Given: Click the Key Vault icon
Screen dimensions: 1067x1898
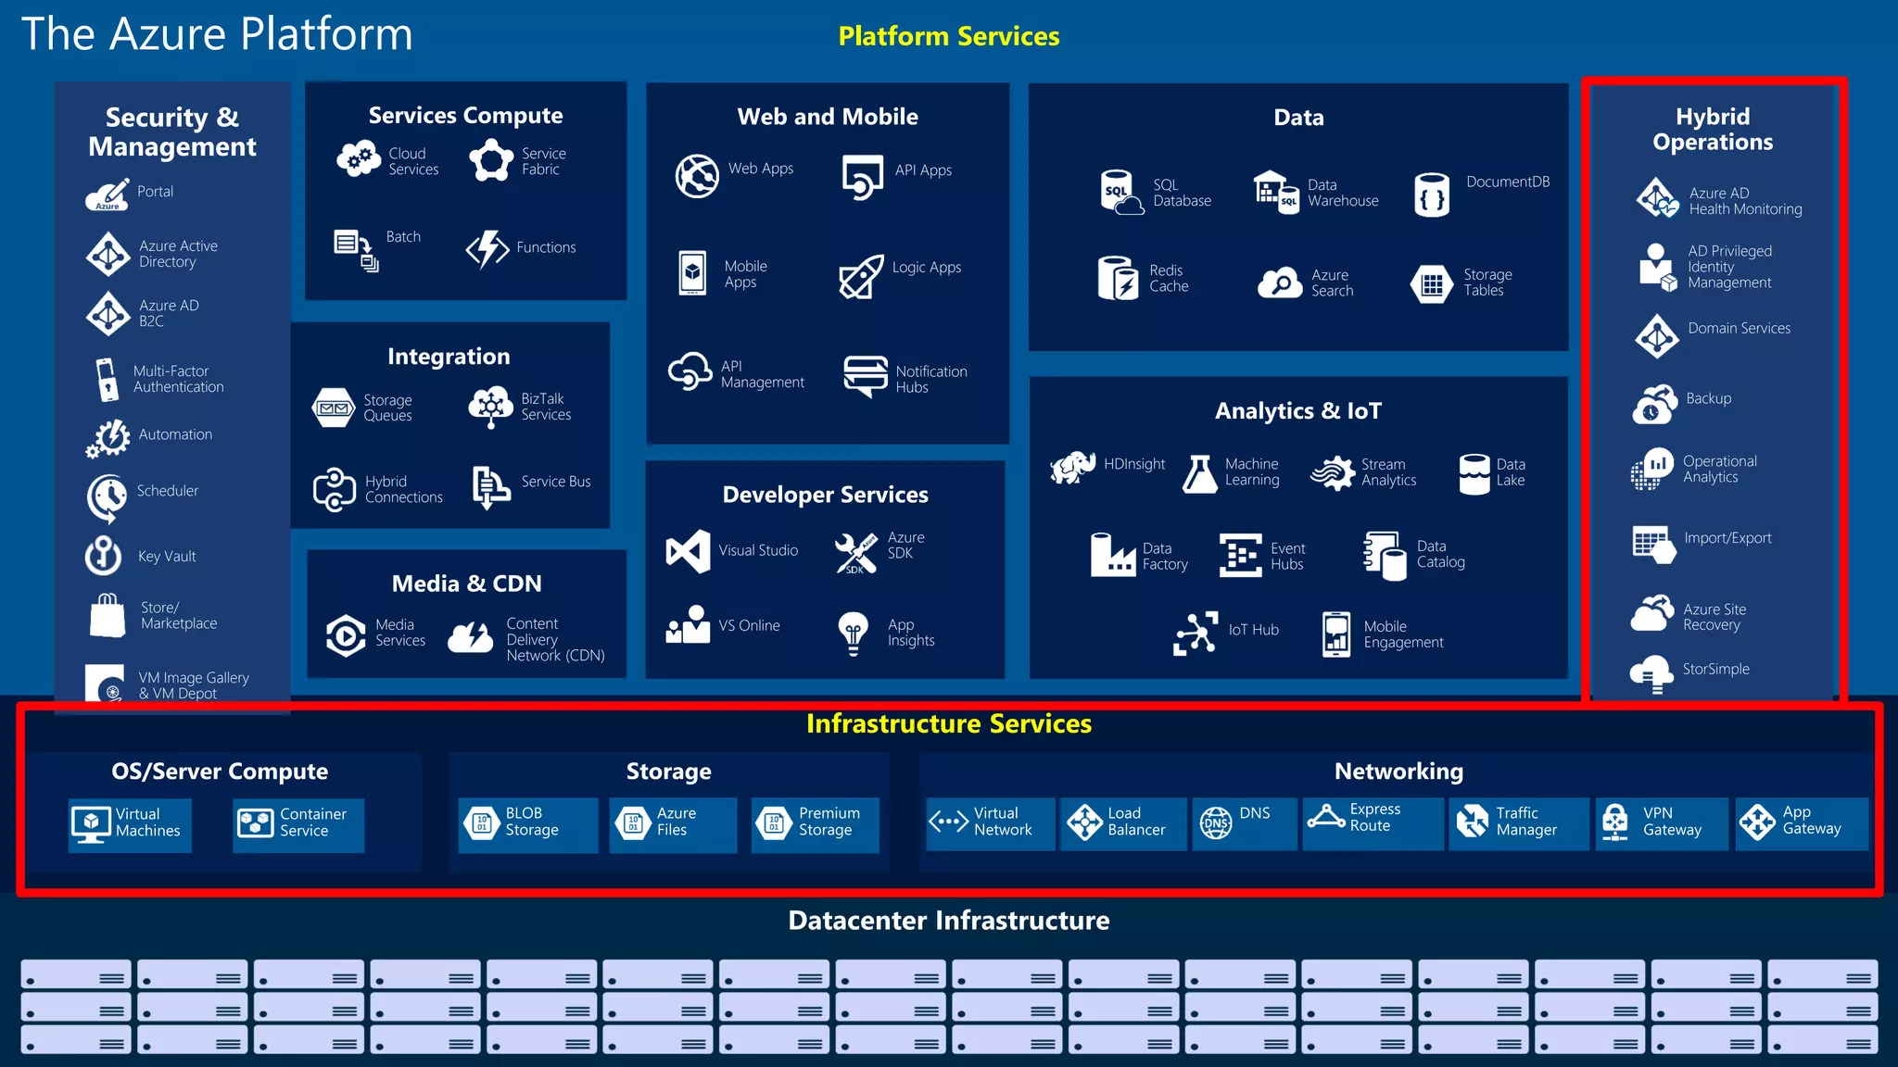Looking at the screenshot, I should [104, 556].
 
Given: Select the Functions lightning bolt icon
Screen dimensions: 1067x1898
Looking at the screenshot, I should [487, 248].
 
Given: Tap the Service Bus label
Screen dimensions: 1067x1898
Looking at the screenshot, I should [555, 482].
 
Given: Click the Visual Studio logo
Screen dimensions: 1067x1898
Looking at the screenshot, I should [688, 551].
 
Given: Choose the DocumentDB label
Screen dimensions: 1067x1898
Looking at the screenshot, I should [1507, 182].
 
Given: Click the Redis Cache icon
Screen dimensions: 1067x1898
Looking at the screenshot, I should [1117, 278].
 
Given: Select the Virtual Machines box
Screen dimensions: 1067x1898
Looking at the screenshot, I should [130, 823].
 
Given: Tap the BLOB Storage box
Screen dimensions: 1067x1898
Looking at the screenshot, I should [528, 823].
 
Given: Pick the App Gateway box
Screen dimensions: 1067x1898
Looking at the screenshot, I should [1802, 822].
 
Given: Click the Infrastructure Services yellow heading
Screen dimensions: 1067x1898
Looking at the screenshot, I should [948, 723].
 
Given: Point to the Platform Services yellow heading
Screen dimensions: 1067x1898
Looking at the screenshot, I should [948, 36].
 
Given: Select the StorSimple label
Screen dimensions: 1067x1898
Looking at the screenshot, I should [1715, 669].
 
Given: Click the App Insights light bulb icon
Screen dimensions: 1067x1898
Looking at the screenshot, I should [853, 633].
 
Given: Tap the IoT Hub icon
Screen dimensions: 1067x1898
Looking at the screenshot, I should [1195, 634].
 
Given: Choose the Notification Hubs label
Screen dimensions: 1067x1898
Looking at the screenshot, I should [930, 379].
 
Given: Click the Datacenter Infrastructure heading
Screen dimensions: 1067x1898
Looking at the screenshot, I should [948, 920].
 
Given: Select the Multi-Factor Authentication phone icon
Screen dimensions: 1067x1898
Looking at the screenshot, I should [108, 379].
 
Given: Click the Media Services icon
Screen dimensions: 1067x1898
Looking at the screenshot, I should [346, 635].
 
